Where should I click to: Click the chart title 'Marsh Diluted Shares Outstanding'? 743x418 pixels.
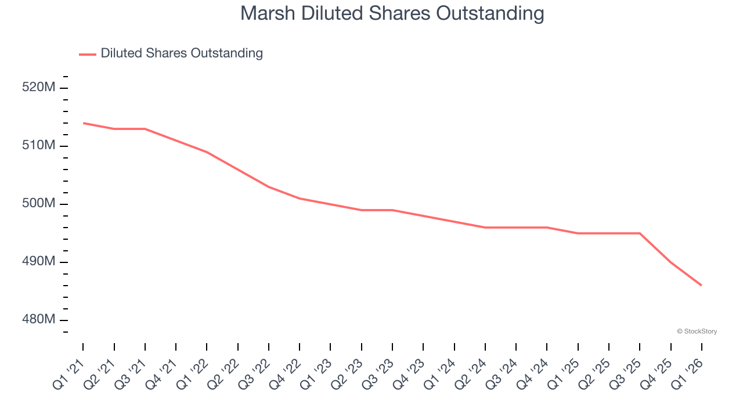click(x=392, y=13)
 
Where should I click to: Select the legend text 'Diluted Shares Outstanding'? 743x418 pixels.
click(x=182, y=53)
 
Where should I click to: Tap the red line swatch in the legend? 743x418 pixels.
click(x=88, y=54)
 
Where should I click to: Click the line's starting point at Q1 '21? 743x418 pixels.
click(x=83, y=123)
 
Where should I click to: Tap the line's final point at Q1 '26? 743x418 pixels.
click(x=701, y=285)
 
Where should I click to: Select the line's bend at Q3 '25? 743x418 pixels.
click(x=640, y=233)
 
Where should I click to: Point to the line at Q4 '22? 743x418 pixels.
click(x=300, y=199)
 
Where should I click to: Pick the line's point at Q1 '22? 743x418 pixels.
click(x=207, y=152)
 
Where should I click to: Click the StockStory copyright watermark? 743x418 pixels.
click(x=697, y=331)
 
